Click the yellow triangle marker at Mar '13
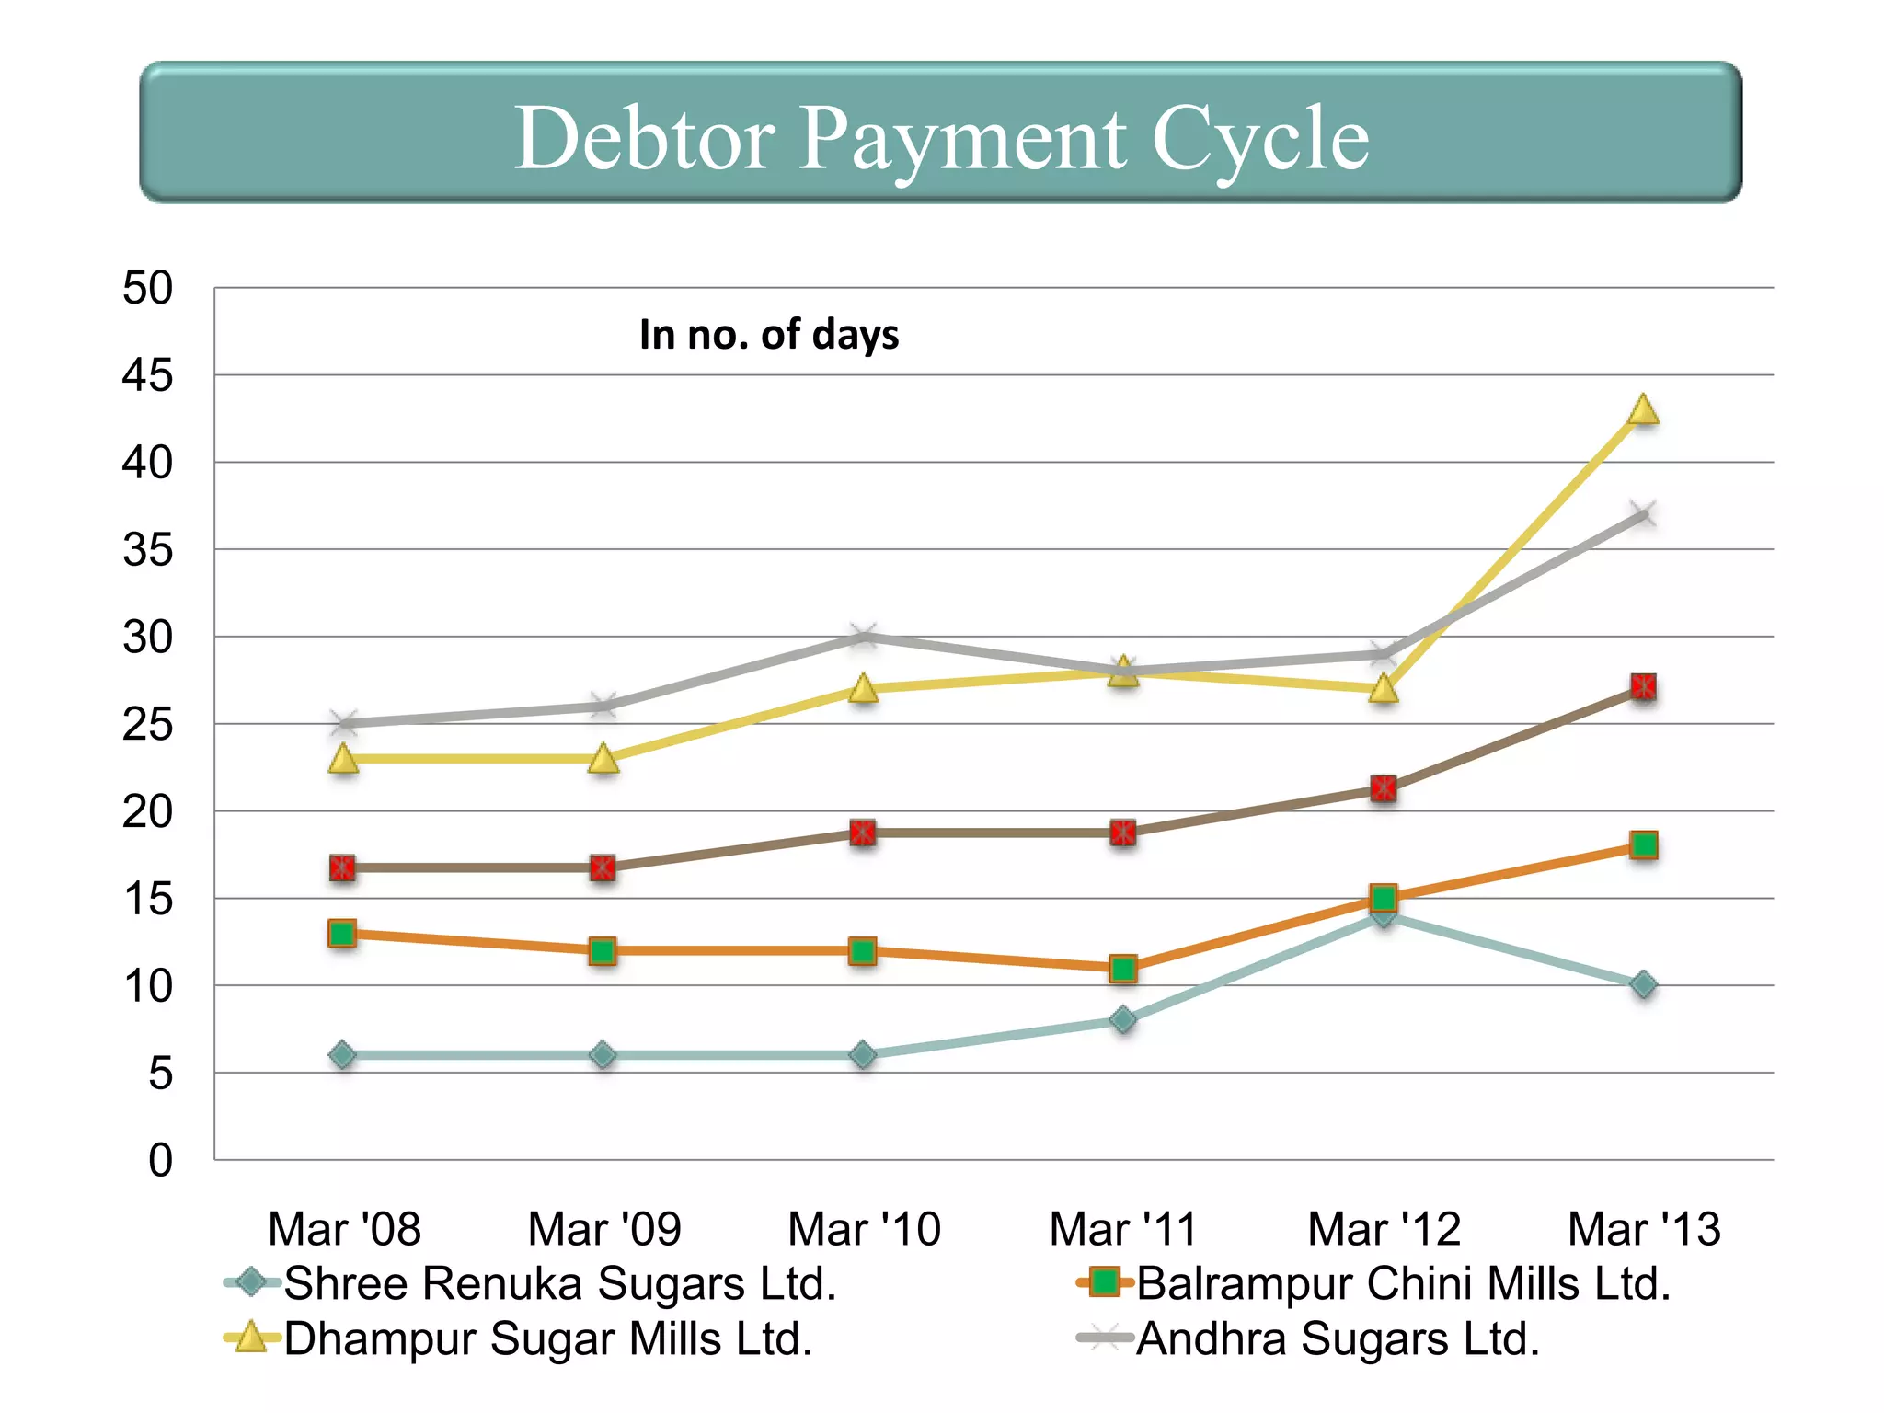1643,410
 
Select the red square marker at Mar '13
1643,686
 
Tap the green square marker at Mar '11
1123,968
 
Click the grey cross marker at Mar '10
863,636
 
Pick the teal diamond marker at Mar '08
342,1055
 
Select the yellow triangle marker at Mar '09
603,759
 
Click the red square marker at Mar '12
1384,788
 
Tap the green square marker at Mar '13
1643,844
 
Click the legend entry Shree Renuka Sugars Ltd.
559,1283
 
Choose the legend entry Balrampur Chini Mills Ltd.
1403,1283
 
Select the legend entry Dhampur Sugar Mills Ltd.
547,1338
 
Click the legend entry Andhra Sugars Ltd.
1337,1338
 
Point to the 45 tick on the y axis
147,375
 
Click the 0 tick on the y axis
160,1160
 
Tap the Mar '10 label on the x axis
864,1229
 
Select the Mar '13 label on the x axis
1643,1229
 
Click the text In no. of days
769,335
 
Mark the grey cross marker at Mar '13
1643,514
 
